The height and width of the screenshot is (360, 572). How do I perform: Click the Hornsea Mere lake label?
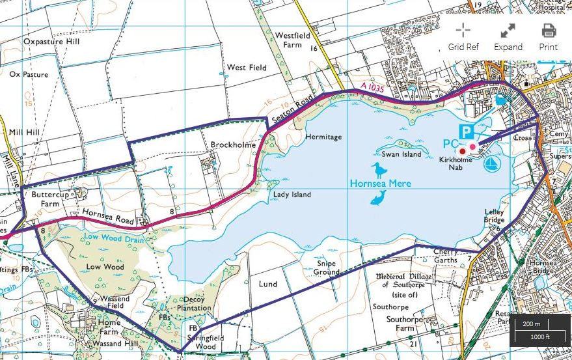(381, 184)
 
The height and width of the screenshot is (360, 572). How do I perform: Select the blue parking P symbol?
(466, 132)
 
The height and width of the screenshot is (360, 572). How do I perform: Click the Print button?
(548, 37)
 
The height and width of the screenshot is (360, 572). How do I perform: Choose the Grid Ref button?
(463, 37)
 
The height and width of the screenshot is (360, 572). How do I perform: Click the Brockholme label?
(232, 145)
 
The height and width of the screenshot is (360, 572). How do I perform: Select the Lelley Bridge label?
(495, 216)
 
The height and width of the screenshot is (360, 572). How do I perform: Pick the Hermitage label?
(323, 137)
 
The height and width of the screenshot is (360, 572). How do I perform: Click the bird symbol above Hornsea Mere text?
(376, 171)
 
